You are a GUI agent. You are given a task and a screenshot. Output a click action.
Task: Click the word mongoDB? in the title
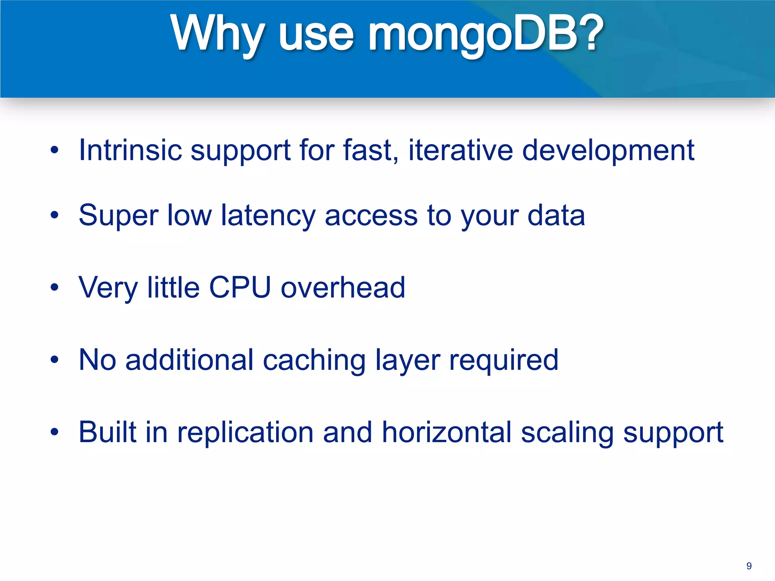tap(486, 34)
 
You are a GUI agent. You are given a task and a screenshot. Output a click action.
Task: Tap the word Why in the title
tap(217, 34)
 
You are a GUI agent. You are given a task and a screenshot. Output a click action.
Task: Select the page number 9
tap(749, 566)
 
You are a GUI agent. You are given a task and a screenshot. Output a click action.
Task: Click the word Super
tap(118, 216)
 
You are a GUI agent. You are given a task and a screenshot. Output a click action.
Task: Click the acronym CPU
tap(240, 287)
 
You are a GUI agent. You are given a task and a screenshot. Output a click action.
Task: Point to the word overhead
tap(343, 287)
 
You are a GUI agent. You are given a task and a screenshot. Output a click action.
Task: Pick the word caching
tap(314, 360)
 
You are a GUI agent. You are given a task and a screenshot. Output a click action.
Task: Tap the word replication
tap(245, 433)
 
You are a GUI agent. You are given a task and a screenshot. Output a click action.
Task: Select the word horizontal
tap(447, 432)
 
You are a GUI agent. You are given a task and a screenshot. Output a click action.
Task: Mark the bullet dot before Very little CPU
tap(54, 287)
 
